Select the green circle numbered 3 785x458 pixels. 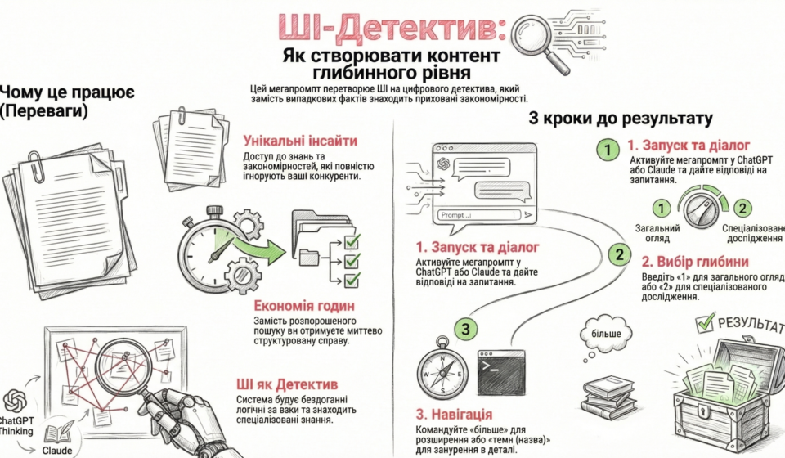464,330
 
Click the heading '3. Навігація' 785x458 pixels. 453,415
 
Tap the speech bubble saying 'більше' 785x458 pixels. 606,335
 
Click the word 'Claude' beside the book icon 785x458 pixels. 58,449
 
